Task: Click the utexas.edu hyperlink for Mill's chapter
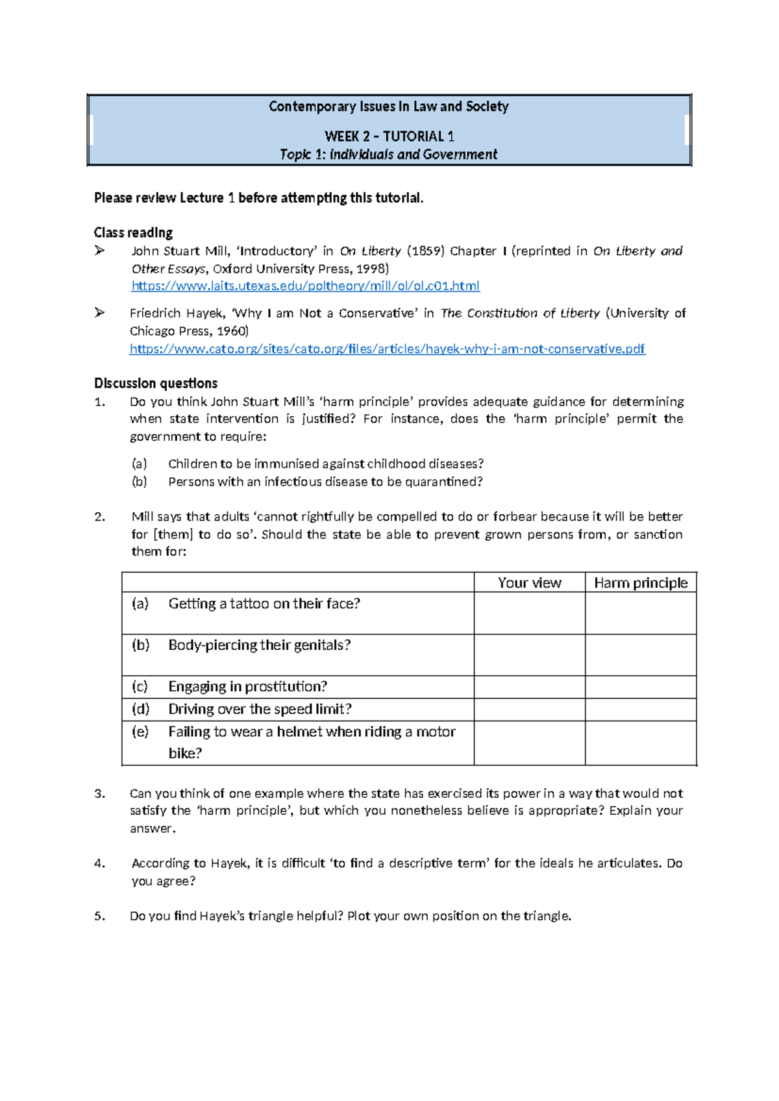point(305,286)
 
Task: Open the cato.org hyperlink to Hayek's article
point(387,349)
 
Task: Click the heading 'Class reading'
point(133,232)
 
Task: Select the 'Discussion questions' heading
point(156,383)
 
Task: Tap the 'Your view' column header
point(529,583)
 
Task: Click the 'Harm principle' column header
point(640,583)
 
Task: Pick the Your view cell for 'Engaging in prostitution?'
point(529,687)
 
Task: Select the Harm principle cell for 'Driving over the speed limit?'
point(640,710)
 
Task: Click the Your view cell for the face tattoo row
point(529,613)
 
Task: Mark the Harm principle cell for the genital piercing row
point(640,654)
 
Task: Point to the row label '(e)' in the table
point(140,732)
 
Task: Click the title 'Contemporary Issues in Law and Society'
point(388,106)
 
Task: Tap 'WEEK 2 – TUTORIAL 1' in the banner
point(389,136)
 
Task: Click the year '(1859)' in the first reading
point(425,251)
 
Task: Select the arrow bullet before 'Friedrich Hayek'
point(99,313)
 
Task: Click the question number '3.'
point(99,793)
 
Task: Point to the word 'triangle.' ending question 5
point(547,916)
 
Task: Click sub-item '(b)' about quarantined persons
point(139,482)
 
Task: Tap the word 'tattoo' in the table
point(249,604)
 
